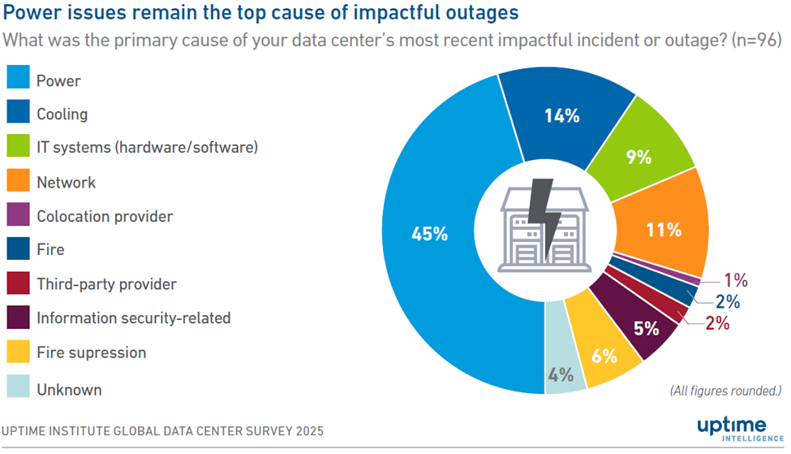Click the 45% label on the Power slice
pyautogui.click(x=430, y=234)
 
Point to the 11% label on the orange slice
pyautogui.click(x=664, y=229)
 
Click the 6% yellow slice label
pyautogui.click(x=604, y=356)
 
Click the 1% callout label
pyautogui.click(x=735, y=281)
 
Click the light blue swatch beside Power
pyautogui.click(x=18, y=80)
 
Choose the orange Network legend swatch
pyautogui.click(x=18, y=182)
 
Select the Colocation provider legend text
pyautogui.click(x=105, y=217)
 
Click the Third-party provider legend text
pyautogui.click(x=106, y=284)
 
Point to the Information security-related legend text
pyautogui.click(x=134, y=318)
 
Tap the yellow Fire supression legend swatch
pyautogui.click(x=18, y=352)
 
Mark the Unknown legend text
pyautogui.click(x=69, y=390)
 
